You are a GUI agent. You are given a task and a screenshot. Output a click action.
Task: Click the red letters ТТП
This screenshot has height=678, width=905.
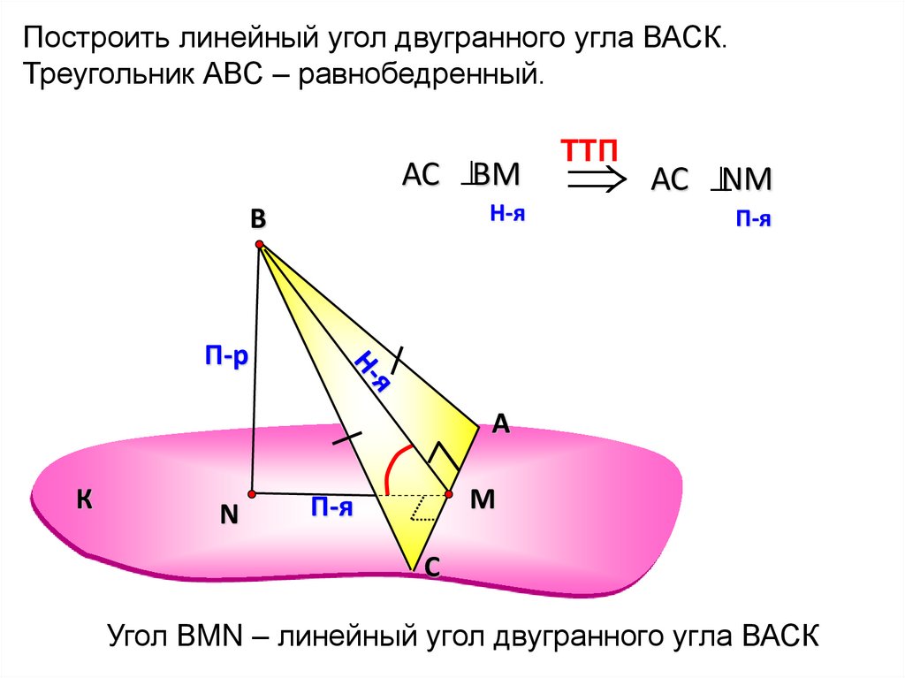tap(585, 149)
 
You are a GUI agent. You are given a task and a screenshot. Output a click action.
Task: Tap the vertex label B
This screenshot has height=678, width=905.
tap(257, 219)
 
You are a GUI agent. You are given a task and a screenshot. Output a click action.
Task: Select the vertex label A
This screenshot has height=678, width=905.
tap(500, 424)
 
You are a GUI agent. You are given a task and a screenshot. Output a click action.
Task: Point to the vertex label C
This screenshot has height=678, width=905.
tap(433, 570)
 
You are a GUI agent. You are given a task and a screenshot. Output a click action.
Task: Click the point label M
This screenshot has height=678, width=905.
tap(482, 499)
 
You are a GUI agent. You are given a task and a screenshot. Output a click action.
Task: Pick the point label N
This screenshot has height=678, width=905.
tap(229, 515)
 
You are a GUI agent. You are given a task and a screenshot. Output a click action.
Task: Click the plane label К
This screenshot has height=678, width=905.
tap(84, 501)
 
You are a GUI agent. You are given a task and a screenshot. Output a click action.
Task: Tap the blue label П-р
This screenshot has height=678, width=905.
tap(226, 357)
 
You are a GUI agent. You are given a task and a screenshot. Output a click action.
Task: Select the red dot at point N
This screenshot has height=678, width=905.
tap(252, 492)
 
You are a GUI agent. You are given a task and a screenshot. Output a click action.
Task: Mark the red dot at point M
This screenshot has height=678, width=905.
tap(448, 493)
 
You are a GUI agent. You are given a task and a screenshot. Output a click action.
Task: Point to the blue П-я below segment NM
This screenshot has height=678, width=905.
tap(332, 507)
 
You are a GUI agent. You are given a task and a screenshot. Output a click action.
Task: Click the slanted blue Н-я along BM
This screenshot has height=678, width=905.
tap(372, 369)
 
